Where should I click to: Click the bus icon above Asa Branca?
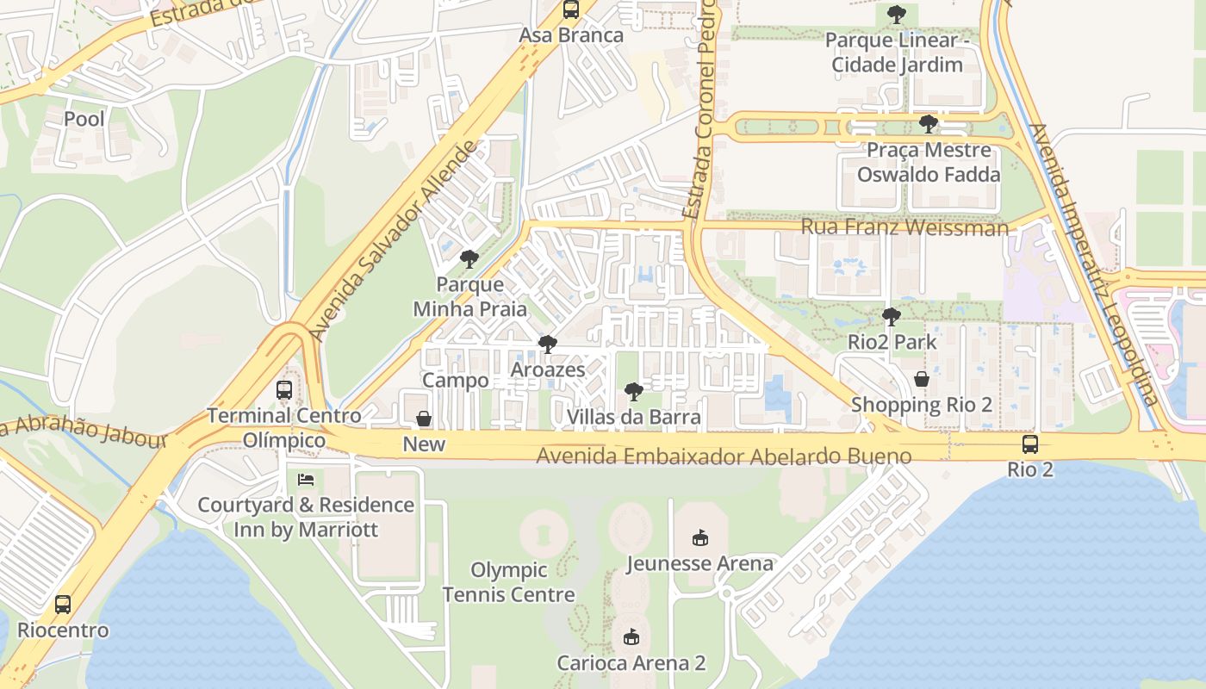pos(571,9)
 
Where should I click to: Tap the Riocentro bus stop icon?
pos(63,605)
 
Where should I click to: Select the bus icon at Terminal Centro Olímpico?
pos(284,390)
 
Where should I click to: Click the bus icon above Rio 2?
pos(1030,444)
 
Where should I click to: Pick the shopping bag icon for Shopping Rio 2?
pos(922,379)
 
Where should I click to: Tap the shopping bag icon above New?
pos(424,419)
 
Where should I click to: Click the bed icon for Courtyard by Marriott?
pos(306,480)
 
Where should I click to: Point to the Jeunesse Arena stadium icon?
pos(699,538)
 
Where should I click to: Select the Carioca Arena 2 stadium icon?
pos(631,637)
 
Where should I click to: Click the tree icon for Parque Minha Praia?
pos(469,258)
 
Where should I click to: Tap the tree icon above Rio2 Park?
pos(892,317)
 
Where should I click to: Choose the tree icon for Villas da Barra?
pos(633,392)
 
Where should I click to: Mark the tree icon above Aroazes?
pos(547,344)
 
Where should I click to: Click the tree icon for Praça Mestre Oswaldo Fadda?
pos(928,124)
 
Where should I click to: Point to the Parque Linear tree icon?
pos(897,14)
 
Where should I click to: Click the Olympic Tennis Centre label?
pos(508,582)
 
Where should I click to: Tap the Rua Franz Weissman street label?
pos(904,227)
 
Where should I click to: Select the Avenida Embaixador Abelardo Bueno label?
pos(724,456)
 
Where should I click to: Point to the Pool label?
pos(84,119)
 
